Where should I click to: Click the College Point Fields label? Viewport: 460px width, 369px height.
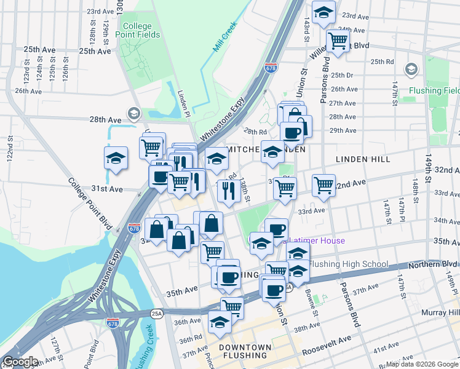tap(141, 30)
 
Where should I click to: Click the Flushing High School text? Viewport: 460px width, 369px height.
tap(348, 264)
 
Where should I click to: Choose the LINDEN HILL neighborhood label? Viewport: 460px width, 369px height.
tap(363, 159)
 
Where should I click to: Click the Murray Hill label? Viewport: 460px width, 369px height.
tap(440, 313)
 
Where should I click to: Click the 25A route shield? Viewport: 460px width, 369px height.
tap(157, 313)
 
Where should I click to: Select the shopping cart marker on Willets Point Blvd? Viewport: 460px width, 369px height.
tap(337, 40)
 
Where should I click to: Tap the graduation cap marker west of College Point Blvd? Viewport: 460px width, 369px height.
tap(116, 159)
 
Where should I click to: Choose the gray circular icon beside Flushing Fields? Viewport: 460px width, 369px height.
tap(411, 69)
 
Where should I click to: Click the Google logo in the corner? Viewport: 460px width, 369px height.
tap(20, 362)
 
